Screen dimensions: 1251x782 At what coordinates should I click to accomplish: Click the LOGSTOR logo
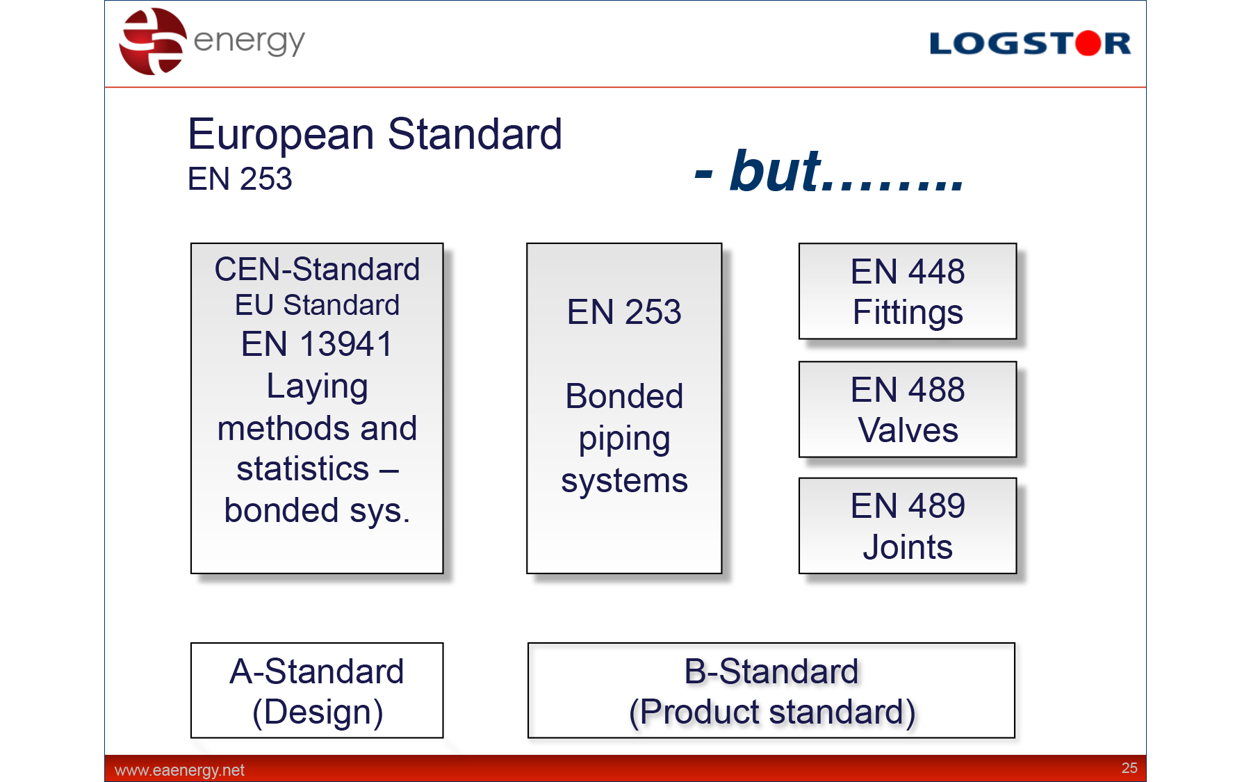(x=1030, y=43)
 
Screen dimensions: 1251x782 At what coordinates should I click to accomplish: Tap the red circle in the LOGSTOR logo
(x=1088, y=43)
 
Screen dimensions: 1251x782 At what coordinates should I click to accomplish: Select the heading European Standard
(x=375, y=133)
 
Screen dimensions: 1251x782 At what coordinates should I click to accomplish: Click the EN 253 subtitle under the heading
(x=240, y=179)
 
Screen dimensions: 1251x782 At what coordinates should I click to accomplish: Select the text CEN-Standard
(x=317, y=269)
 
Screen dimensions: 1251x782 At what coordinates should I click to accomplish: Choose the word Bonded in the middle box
(x=624, y=396)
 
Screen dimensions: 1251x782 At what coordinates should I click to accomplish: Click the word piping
(x=624, y=440)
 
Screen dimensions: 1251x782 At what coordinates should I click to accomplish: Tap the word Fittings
(x=908, y=313)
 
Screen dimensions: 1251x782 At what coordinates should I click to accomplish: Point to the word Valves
(x=908, y=430)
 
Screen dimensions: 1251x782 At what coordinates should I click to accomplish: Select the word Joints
(x=908, y=547)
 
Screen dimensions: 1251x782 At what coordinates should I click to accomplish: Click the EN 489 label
(x=908, y=505)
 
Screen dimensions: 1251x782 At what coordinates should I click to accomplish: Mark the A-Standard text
(x=317, y=671)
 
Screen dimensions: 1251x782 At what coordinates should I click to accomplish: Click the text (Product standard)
(x=772, y=712)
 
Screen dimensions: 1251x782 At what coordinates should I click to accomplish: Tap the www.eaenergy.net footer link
(x=179, y=770)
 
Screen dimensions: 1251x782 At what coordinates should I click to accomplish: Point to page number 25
(x=1129, y=768)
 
